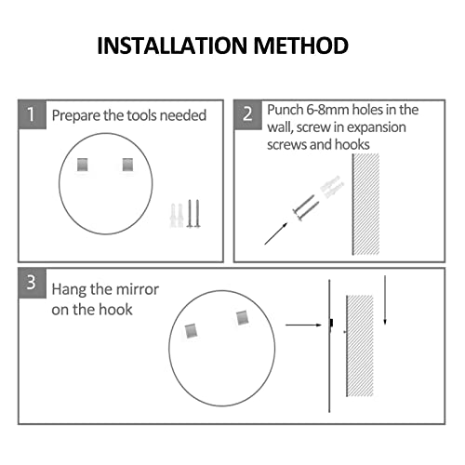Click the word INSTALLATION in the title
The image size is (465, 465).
pos(172,46)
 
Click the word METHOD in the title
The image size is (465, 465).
pos(301,46)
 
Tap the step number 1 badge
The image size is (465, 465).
pos(33,114)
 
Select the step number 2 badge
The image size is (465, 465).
pos(247,114)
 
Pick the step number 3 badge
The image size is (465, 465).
pos(33,283)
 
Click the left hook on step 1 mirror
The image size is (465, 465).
pos(83,165)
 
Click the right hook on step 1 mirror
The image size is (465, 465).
pos(127,165)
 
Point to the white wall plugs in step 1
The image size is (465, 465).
pos(177,216)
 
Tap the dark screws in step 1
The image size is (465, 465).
pos(193,214)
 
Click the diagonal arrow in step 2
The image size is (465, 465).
pos(276,233)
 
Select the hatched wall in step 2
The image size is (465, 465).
pos(365,204)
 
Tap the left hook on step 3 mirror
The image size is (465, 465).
pos(191,331)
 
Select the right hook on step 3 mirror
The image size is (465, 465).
pos(242,318)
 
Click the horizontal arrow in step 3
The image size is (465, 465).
pos(303,325)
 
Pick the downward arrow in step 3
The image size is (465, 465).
pos(385,300)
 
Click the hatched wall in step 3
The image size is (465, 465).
pos(360,346)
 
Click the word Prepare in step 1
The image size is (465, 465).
pos(76,116)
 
